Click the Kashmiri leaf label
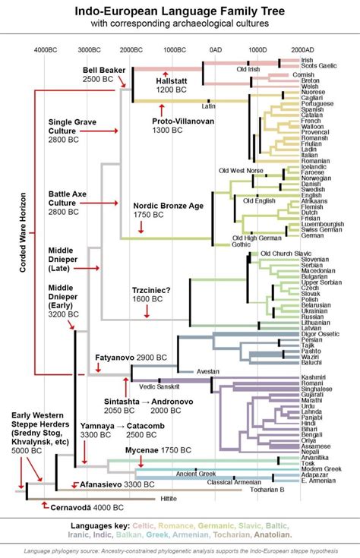tap(313, 377)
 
